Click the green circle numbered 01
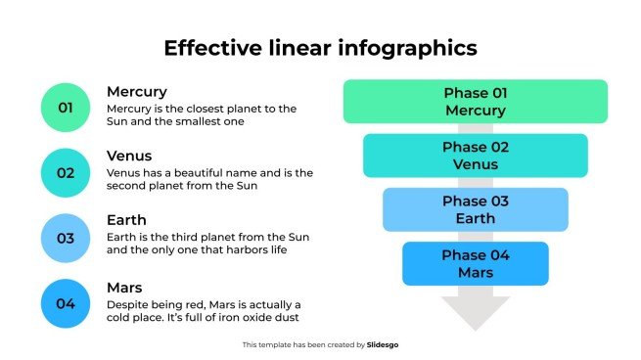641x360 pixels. pyautogui.click(x=66, y=108)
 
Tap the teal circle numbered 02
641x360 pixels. pyautogui.click(x=66, y=173)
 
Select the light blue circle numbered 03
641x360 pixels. pyautogui.click(x=66, y=238)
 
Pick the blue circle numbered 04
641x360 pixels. pyautogui.click(x=66, y=303)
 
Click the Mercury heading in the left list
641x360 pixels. pyautogui.click(x=137, y=91)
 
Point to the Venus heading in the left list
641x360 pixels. pyautogui.click(x=129, y=156)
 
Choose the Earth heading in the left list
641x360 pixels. pyautogui.click(x=126, y=220)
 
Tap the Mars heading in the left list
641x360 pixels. pyautogui.click(x=125, y=287)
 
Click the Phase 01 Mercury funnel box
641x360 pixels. pyautogui.click(x=476, y=102)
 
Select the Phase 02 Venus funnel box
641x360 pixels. pyautogui.click(x=476, y=156)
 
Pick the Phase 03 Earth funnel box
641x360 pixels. pyautogui.click(x=476, y=209)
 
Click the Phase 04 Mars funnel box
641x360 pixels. pyautogui.click(x=476, y=264)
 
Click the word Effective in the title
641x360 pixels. pyautogui.click(x=208, y=48)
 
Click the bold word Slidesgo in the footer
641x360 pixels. pyautogui.click(x=384, y=344)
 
